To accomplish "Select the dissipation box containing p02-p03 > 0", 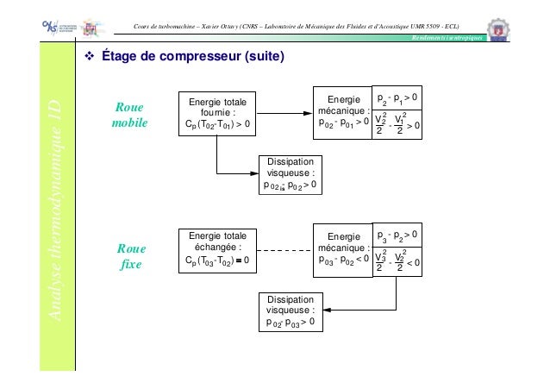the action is click(290, 311).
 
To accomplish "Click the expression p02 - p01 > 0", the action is click(343, 124).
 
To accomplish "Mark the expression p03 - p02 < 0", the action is click(343, 260).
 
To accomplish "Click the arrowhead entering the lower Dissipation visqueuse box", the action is click(326, 311).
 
